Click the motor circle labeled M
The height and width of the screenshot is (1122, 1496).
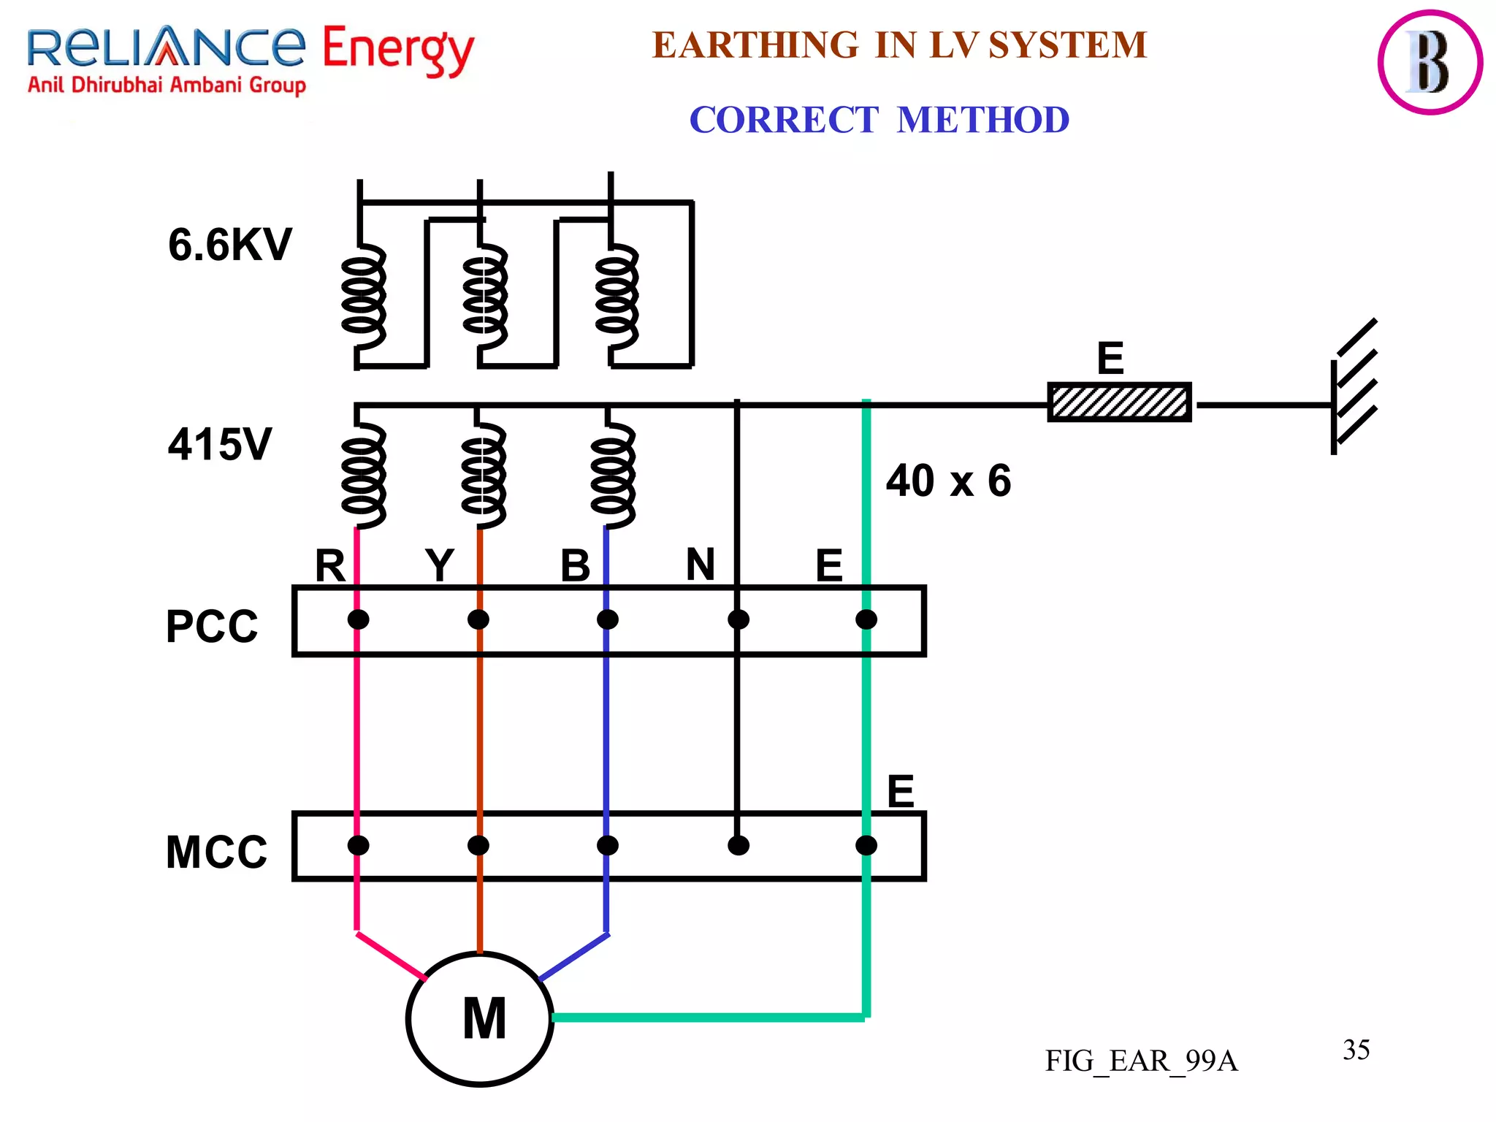tap(479, 1018)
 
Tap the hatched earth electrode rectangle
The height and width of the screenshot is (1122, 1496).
tap(1119, 402)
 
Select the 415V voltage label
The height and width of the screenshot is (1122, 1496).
tap(219, 443)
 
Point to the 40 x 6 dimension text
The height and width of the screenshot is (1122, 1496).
tap(948, 481)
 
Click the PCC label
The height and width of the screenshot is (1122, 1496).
tap(212, 626)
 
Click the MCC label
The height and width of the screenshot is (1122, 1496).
tap(216, 852)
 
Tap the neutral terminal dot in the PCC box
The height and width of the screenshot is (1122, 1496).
tap(739, 619)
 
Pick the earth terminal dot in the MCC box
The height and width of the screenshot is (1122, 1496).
tap(866, 845)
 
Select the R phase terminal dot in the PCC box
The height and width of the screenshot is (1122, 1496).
tap(358, 619)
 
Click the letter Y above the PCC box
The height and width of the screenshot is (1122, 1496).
tap(440, 565)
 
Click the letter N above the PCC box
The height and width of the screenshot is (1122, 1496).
tap(700, 564)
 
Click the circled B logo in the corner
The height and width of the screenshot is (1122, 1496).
tap(1430, 62)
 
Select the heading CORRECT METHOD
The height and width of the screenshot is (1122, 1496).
tap(879, 120)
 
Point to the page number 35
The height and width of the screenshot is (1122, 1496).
tap(1356, 1050)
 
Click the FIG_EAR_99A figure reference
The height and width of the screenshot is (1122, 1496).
tap(1141, 1061)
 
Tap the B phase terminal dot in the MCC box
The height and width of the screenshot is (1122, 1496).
tap(608, 845)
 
